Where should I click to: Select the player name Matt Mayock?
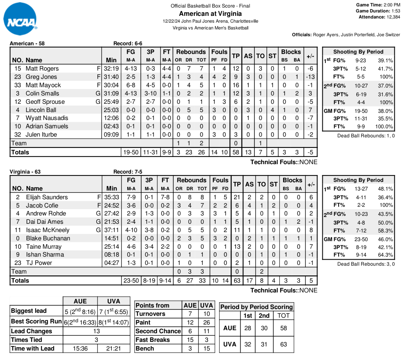[x=43, y=85]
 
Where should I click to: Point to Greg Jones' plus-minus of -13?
[x=311, y=77]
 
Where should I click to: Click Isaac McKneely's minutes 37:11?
[x=112, y=230]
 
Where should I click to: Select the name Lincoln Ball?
[x=41, y=110]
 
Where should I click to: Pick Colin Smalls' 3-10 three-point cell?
[x=151, y=93]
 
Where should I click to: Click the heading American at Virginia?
[x=210, y=14]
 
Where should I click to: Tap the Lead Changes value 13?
[x=97, y=331]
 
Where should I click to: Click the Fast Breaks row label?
[x=152, y=340]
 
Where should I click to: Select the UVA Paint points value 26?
[x=206, y=322]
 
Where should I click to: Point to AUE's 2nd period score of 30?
[x=264, y=328]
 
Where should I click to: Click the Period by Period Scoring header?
[x=256, y=307]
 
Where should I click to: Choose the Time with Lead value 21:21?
[x=114, y=348]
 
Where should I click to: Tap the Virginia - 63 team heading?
[x=25, y=172]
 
